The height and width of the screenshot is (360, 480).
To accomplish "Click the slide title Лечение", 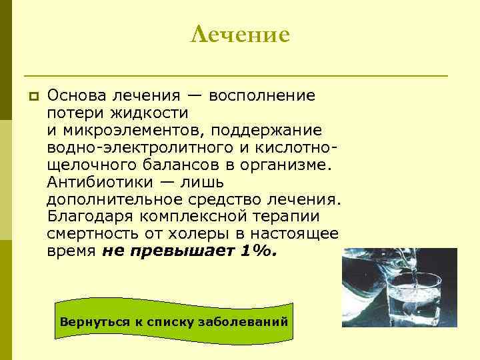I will click(240, 34).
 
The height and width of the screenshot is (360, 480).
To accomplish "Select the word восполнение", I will click(262, 95).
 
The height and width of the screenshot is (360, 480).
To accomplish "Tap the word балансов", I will click(162, 165).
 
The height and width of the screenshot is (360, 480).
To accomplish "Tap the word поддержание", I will click(275, 130).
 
